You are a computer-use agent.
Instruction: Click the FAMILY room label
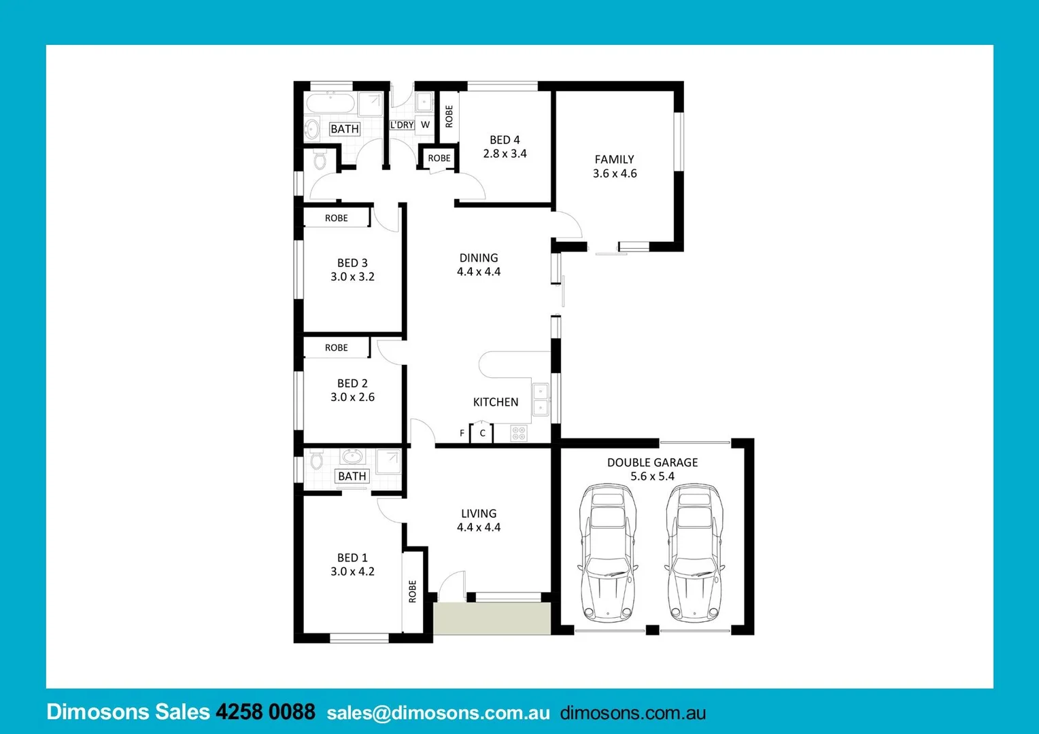tap(614, 159)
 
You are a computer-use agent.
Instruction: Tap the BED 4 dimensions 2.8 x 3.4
tap(505, 154)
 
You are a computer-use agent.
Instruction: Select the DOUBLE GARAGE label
tap(652, 462)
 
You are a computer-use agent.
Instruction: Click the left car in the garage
tap(607, 553)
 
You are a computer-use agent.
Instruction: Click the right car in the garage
tap(694, 553)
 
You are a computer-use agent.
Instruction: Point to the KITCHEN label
tap(495, 402)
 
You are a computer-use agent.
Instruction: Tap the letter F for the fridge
tap(462, 433)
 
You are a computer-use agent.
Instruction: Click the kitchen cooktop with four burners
tap(519, 433)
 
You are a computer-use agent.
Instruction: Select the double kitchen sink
tap(540, 399)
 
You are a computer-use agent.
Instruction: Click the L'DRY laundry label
tap(402, 125)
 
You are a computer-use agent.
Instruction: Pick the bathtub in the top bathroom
tap(330, 104)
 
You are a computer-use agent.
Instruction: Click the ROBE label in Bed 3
tap(336, 218)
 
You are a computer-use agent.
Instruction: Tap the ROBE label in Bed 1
tap(412, 591)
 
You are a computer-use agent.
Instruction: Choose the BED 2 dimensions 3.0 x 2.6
tap(352, 397)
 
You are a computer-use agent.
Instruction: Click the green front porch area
tap(492, 618)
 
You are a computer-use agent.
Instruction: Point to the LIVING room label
tap(479, 513)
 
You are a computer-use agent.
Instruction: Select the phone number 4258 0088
tap(265, 712)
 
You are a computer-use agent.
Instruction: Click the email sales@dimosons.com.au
tap(438, 712)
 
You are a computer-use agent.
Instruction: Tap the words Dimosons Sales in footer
tap(128, 712)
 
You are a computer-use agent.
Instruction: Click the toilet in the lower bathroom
tap(316, 460)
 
